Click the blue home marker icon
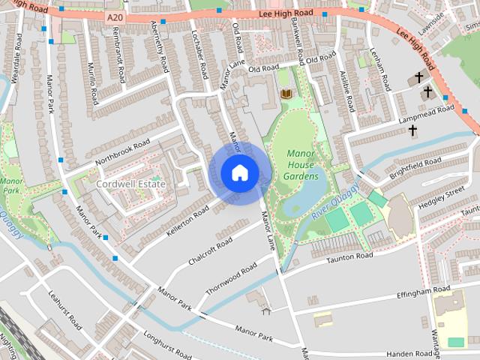click(x=238, y=172)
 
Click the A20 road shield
click(x=113, y=16)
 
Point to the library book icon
click(x=285, y=94)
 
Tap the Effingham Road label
click(x=424, y=289)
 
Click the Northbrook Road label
click(x=122, y=154)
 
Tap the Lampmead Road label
click(x=427, y=113)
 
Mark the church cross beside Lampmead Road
click(x=412, y=130)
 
